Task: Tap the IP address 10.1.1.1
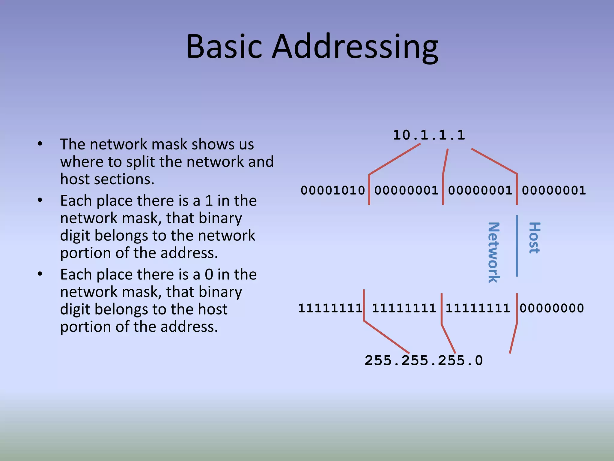tap(429, 135)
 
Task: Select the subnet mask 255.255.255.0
tap(424, 360)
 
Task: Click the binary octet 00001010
tap(333, 190)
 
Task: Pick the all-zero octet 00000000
tap(552, 308)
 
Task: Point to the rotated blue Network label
tap(493, 252)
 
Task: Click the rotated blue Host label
tap(534, 238)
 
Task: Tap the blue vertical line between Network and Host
tap(517, 246)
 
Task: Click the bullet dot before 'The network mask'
tap(40, 144)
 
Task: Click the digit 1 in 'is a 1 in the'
tap(209, 201)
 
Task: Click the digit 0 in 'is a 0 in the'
tap(209, 275)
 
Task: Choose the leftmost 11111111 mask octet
tap(330, 308)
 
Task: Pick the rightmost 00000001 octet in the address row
tap(554, 190)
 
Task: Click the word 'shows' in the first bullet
tap(213, 144)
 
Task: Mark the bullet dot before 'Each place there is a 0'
tap(40, 274)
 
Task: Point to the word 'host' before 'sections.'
tap(75, 179)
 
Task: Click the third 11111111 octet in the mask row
tap(478, 308)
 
